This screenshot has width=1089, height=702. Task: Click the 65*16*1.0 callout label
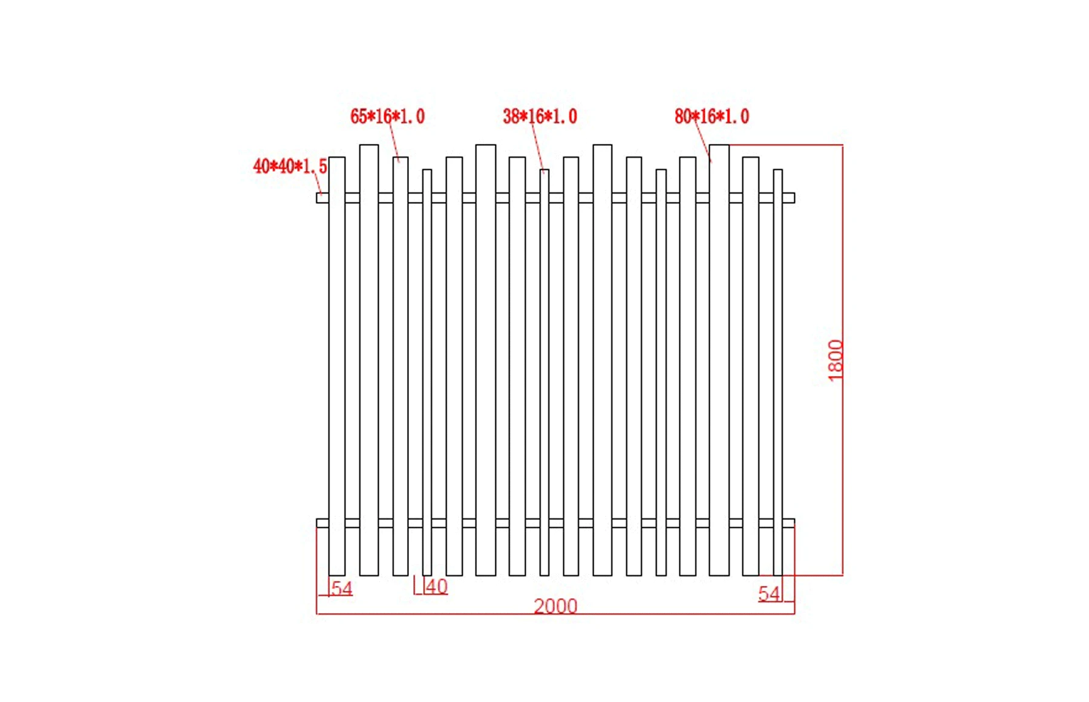point(387,116)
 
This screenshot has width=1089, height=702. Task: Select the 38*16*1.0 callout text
point(540,116)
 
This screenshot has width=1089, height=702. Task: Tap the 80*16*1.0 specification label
point(711,116)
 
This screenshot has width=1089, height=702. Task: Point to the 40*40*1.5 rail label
point(290,166)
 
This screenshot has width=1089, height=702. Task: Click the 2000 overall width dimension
point(555,605)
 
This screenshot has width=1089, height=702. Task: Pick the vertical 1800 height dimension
point(835,360)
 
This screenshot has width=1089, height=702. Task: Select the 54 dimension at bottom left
point(342,588)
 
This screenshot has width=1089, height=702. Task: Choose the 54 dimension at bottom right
point(769,594)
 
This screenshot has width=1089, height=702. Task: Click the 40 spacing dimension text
point(436,586)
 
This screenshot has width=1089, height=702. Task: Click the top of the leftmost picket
point(337,158)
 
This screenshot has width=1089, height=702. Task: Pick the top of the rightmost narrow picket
point(778,171)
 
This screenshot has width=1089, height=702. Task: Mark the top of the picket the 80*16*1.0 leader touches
point(719,146)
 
